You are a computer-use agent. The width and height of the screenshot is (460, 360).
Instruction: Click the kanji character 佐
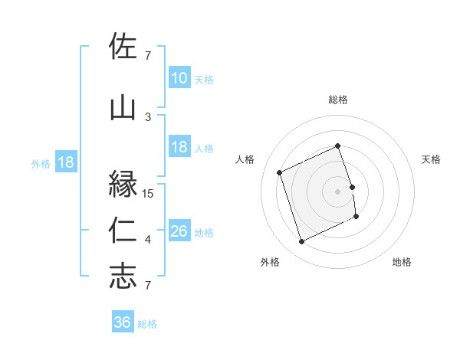[123, 47]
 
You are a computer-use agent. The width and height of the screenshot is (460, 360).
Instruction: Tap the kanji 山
[123, 108]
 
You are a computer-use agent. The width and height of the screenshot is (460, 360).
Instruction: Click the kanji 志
[123, 277]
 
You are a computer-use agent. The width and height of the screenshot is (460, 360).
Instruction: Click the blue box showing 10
[179, 77]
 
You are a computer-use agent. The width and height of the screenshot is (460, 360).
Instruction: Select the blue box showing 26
[179, 231]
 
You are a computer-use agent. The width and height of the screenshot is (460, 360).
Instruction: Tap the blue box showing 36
[122, 322]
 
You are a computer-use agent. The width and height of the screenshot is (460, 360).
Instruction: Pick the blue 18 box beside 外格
[65, 162]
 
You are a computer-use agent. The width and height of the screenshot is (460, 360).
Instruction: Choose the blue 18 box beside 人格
[179, 147]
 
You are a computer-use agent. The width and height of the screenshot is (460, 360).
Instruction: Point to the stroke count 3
[148, 116]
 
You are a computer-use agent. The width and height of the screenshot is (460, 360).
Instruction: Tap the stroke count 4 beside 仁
[148, 240]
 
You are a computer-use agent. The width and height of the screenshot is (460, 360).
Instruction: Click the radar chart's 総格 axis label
[338, 100]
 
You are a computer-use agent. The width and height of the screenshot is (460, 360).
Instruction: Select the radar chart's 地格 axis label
[402, 262]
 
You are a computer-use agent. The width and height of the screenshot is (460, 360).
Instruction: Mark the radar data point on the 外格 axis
[301, 242]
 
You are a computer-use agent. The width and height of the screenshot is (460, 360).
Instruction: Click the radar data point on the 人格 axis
[280, 172]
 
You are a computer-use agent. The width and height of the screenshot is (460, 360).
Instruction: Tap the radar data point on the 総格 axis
[338, 146]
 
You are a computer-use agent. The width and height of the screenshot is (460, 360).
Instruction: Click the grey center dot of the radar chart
[338, 191]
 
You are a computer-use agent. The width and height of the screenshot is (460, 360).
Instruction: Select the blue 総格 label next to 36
[148, 324]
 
